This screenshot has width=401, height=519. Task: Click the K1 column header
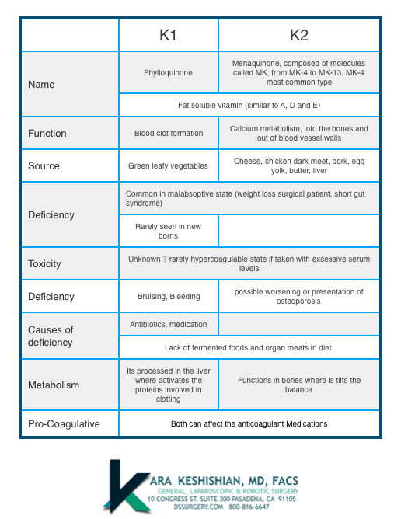(x=168, y=35)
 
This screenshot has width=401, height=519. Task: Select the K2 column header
(x=299, y=35)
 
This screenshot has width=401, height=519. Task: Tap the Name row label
(x=41, y=85)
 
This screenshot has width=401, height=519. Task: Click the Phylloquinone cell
(x=168, y=73)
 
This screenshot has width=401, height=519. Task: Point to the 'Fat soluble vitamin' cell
(x=249, y=105)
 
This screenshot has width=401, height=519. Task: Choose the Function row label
(x=47, y=134)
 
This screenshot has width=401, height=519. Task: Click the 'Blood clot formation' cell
(x=169, y=134)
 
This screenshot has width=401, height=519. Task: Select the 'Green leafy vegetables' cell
(x=168, y=165)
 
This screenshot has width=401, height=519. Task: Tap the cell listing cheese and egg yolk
(x=299, y=165)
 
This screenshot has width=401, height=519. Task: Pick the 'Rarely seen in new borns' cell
(x=168, y=231)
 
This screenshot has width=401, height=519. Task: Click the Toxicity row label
(x=44, y=264)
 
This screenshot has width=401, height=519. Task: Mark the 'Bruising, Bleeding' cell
(x=169, y=297)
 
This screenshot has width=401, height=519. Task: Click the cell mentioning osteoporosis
(x=298, y=297)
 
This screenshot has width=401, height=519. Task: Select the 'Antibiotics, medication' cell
(x=168, y=325)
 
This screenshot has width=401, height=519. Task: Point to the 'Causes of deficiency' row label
(x=51, y=336)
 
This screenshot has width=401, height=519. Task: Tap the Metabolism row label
(x=54, y=385)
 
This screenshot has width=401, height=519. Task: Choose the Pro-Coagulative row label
(x=64, y=424)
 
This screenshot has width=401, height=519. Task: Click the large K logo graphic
(x=126, y=486)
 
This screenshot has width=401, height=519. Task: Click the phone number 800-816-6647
(x=249, y=507)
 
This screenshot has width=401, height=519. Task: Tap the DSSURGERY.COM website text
(x=198, y=507)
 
